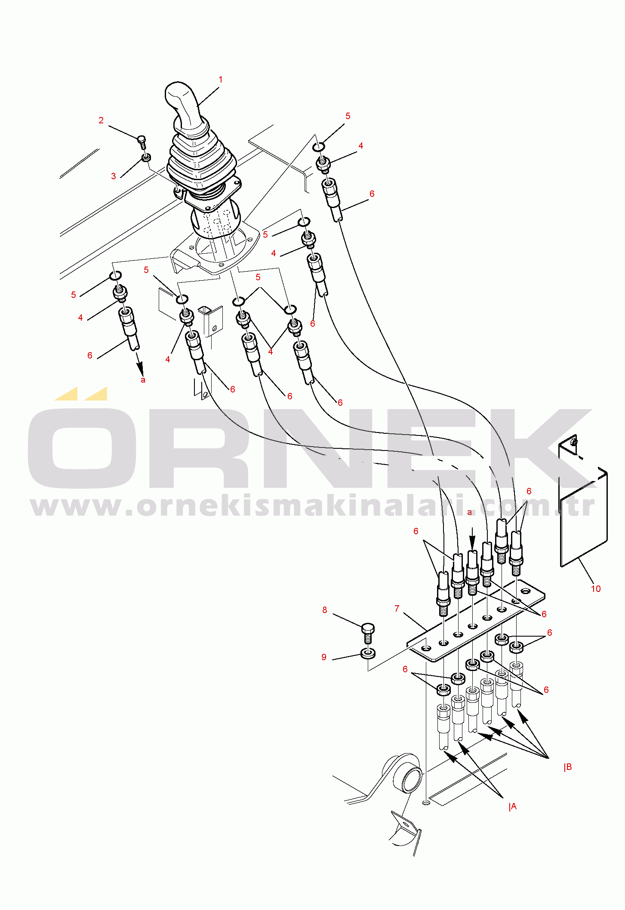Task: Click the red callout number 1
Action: tap(221, 80)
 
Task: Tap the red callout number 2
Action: tap(101, 121)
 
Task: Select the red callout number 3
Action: tap(114, 176)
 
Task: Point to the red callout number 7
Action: tap(397, 609)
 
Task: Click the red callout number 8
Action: tap(325, 610)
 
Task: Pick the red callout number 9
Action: tap(324, 657)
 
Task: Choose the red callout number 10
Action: tap(596, 589)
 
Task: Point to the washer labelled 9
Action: tap(368, 654)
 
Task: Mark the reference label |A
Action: tap(512, 807)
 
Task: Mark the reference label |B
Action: tap(568, 767)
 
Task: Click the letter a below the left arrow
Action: tap(143, 380)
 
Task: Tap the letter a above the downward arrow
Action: tap(470, 512)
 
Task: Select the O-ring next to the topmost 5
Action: tap(318, 147)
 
